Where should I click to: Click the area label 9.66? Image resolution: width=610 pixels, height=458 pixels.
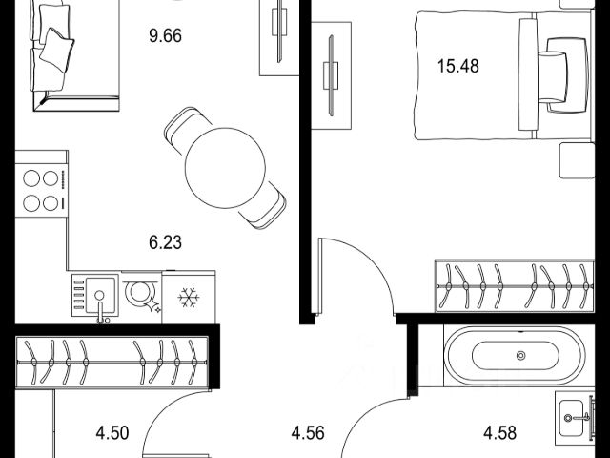point(165,36)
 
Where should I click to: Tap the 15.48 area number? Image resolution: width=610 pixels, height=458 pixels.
point(458,66)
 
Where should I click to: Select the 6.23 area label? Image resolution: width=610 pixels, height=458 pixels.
point(165,242)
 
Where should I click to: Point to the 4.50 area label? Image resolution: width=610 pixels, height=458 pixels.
point(112,432)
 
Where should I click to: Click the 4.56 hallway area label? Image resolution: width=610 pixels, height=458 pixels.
point(308,432)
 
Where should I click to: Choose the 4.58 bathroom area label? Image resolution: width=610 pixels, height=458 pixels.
point(499,432)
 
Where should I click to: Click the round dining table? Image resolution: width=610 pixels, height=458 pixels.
point(225,168)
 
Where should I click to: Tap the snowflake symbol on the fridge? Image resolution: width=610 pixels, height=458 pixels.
point(189,298)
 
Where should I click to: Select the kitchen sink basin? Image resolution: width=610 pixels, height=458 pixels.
point(101,296)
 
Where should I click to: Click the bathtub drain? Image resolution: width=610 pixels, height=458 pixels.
point(520,355)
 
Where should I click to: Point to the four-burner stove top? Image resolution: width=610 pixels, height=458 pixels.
point(42,191)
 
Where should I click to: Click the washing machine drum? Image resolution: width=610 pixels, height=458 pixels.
point(139,292)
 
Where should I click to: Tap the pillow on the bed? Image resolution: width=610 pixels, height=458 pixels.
point(553,76)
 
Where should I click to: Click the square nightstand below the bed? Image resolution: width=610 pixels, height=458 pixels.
point(577,160)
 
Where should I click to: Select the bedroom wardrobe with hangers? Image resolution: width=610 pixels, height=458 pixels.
point(515,286)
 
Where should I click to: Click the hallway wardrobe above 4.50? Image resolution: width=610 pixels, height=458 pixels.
point(112,363)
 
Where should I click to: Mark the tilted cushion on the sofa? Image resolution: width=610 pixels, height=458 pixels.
point(57,50)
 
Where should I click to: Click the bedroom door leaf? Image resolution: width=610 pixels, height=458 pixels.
point(320,276)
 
